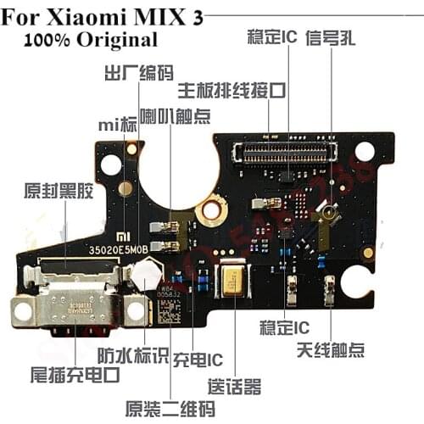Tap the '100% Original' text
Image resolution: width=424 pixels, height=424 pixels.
tap(91, 40)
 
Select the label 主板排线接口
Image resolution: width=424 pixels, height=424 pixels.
tap(231, 90)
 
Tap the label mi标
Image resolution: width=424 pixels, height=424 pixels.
tap(117, 126)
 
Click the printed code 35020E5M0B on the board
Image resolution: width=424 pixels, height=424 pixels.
tap(119, 250)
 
